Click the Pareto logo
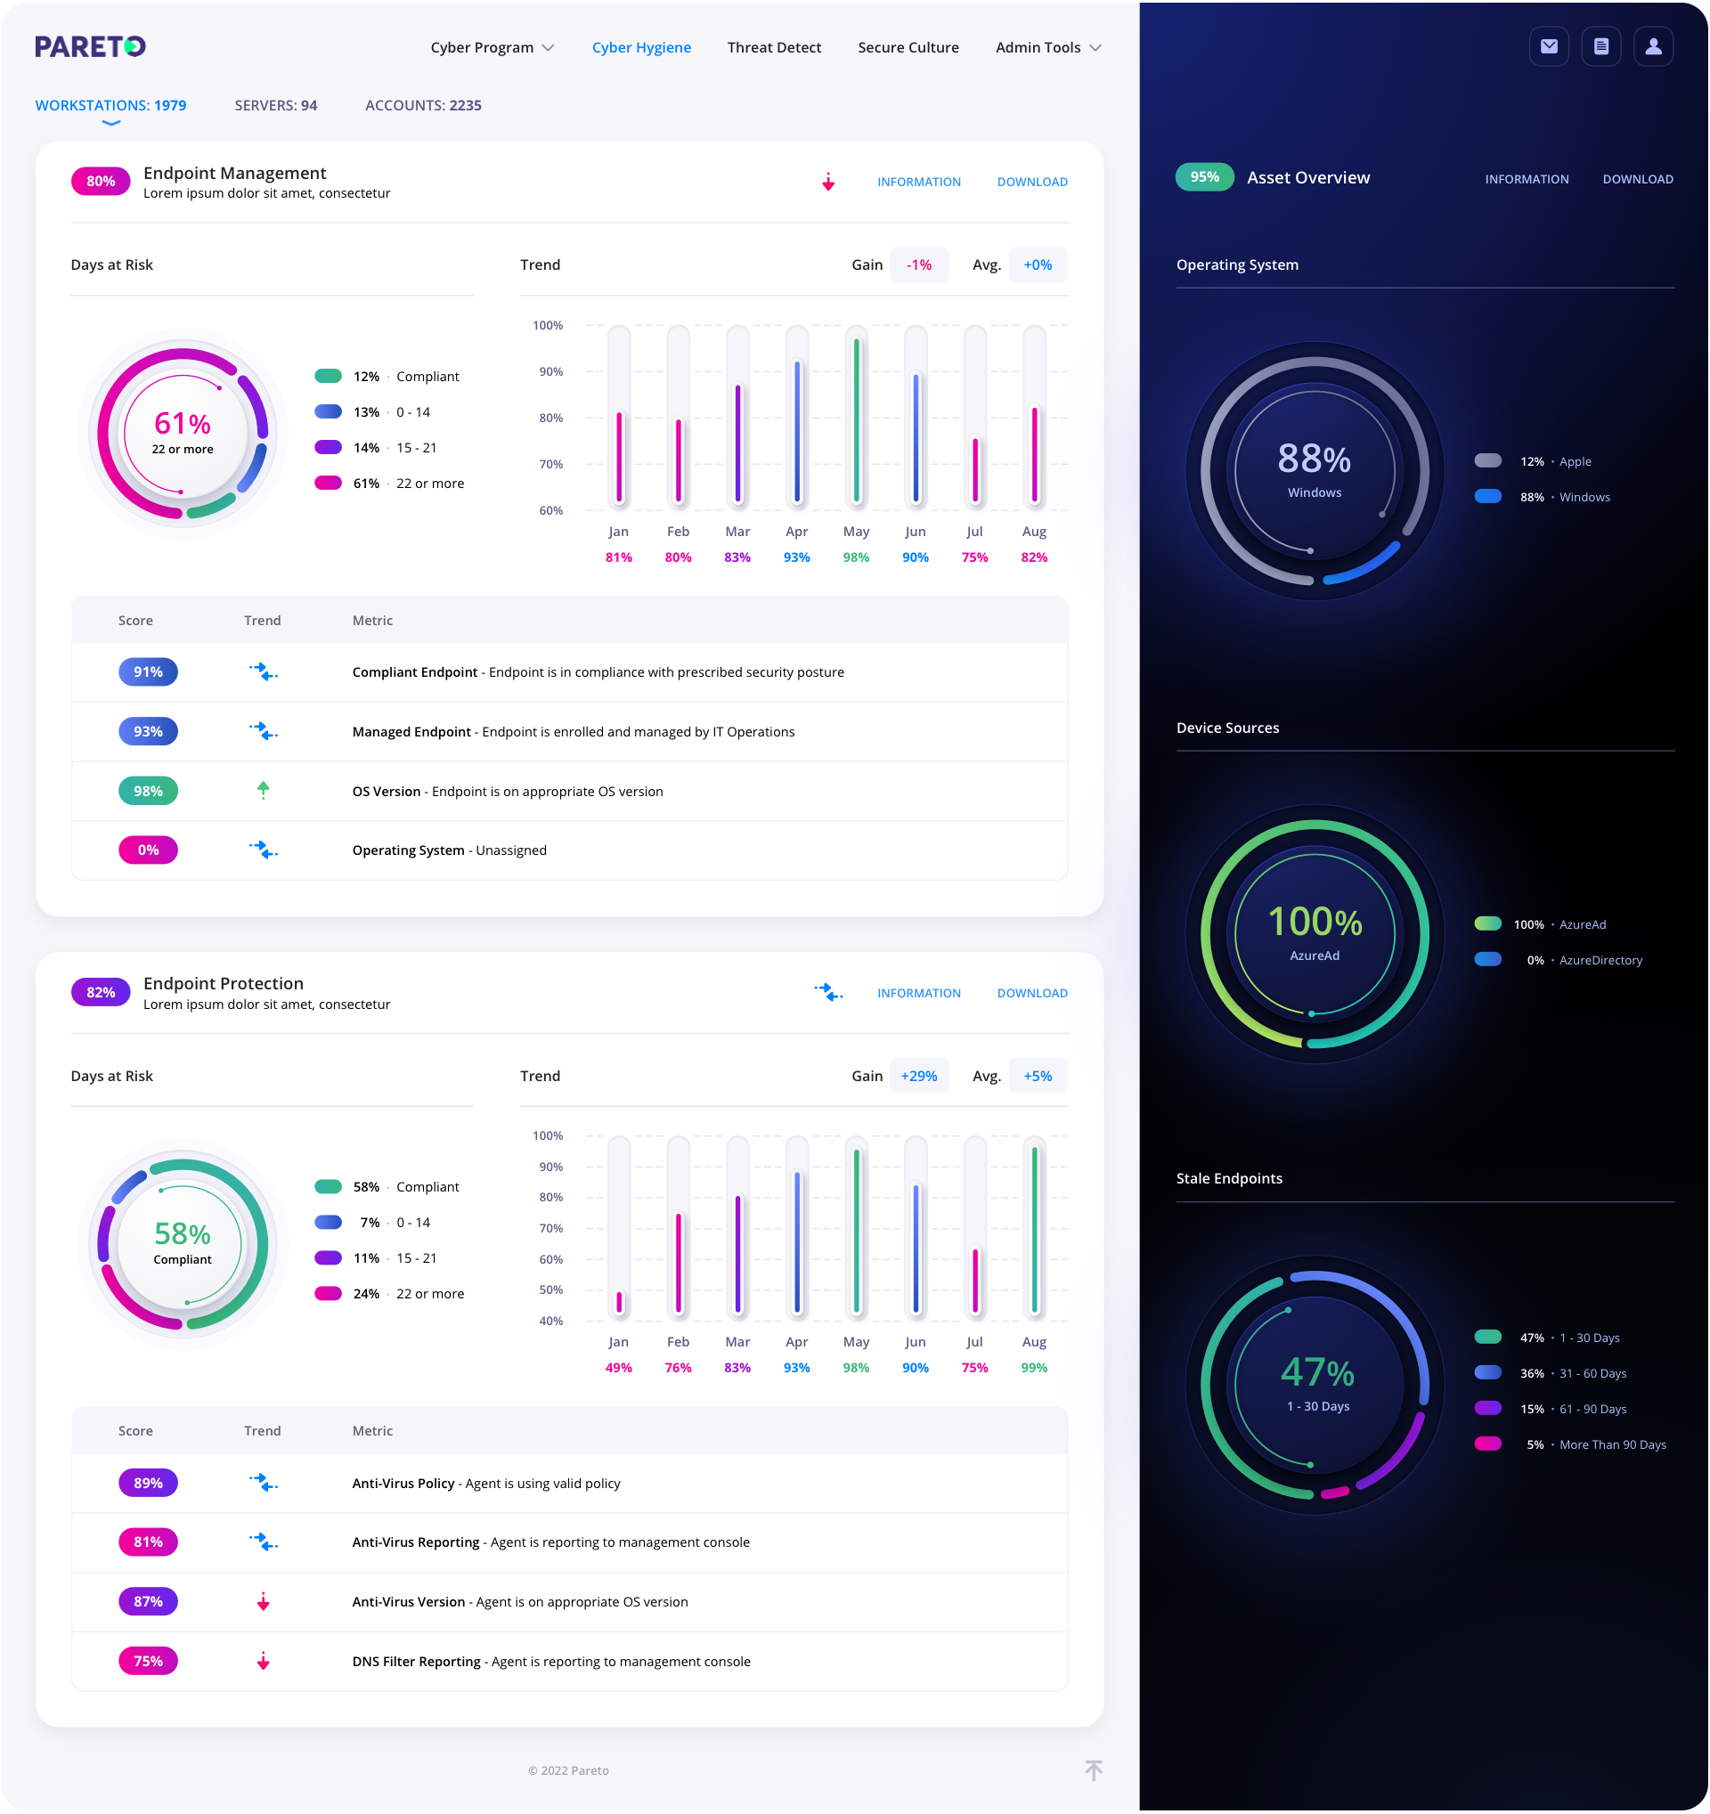(90, 46)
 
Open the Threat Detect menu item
(774, 47)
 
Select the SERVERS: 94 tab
(275, 105)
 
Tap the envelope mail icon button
(1549, 46)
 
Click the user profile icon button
(1652, 46)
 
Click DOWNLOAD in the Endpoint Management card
(1031, 182)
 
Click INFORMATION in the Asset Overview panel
(1526, 179)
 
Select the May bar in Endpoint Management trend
(856, 419)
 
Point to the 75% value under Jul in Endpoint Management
(974, 557)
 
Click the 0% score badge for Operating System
(148, 850)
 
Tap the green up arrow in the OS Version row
(263, 790)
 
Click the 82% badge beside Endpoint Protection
(101, 992)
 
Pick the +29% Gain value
(918, 1076)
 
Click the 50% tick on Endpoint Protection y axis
(550, 1289)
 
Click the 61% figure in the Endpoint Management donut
(183, 423)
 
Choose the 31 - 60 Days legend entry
(1592, 1373)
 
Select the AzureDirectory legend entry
(1600, 960)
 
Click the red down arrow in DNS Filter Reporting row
(263, 1661)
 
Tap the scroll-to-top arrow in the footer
(1093, 1770)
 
